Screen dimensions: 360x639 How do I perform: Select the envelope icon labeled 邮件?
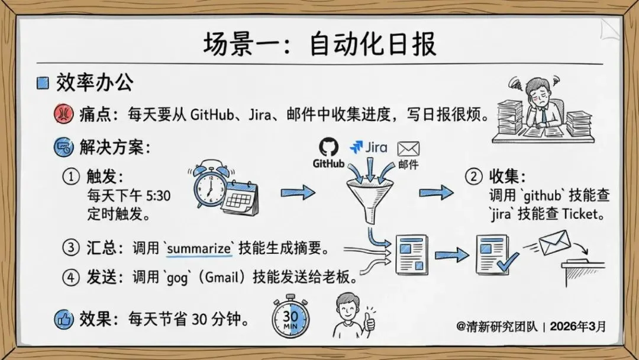click(x=408, y=148)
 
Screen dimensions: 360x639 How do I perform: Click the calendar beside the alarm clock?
click(x=240, y=199)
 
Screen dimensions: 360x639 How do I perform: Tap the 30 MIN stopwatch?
click(x=290, y=320)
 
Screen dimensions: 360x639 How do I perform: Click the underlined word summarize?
click(x=199, y=249)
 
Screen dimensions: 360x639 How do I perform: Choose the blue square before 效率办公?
click(x=43, y=83)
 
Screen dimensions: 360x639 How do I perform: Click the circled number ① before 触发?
click(x=71, y=176)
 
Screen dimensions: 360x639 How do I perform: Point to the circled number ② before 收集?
click(x=473, y=176)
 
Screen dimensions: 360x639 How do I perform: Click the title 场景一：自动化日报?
click(x=319, y=44)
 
